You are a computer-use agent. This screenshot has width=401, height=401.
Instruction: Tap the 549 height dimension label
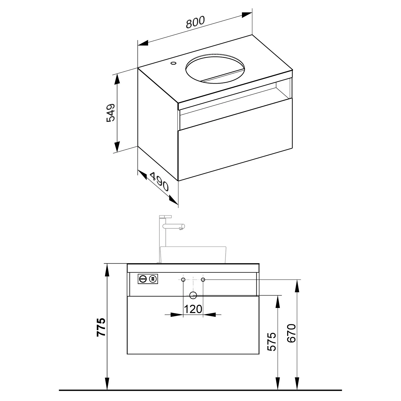pos(111,112)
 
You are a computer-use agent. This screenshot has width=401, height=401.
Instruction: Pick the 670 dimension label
pos(291,333)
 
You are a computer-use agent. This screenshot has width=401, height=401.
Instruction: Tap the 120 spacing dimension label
pos(193,309)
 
